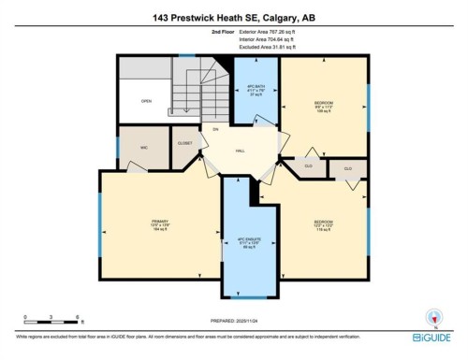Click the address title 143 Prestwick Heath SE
233,16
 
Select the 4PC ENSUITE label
249,240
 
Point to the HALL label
241,150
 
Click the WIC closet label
131,146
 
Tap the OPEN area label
146,101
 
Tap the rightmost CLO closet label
347,168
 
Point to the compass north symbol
432,315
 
